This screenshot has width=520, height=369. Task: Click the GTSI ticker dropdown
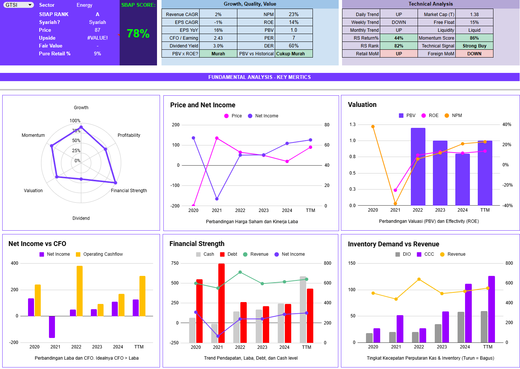coord(19,5)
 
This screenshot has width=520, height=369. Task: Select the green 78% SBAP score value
coord(138,34)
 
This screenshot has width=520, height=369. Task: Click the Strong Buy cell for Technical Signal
coord(474,46)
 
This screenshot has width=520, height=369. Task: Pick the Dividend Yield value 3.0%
coord(218,46)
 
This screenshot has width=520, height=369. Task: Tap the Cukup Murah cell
coord(290,54)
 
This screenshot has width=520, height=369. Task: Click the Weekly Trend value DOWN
coord(399,22)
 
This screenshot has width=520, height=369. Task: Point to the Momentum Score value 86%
coord(474,38)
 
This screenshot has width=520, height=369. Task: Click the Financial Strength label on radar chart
coord(129,191)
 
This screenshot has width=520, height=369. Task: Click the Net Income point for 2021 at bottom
coord(217,199)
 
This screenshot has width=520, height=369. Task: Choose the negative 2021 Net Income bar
coord(52,327)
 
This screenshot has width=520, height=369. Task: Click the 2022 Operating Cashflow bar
coord(80,291)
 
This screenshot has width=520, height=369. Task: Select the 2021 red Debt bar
coord(222,303)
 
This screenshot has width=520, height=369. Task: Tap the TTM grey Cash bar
coord(303,310)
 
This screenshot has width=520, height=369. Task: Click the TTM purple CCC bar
coord(491,309)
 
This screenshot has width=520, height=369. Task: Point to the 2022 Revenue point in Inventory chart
coord(419,279)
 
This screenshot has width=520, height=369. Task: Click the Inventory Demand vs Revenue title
coord(393,244)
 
